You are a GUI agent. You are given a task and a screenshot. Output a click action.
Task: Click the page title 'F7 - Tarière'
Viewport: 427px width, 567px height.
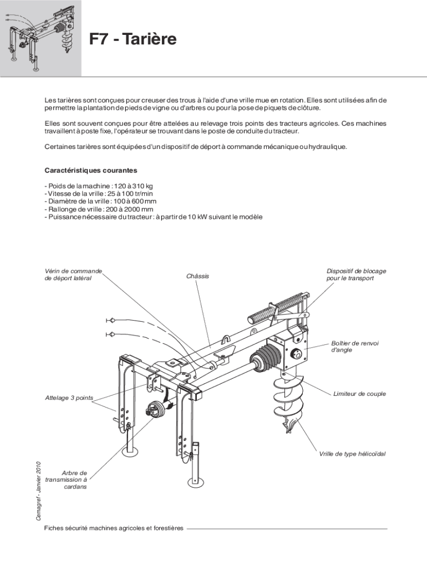[133, 40]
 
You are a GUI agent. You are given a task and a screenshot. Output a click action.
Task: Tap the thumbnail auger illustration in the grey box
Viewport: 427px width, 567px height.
[40, 38]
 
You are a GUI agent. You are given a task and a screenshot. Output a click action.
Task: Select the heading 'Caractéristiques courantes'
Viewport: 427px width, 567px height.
[91, 170]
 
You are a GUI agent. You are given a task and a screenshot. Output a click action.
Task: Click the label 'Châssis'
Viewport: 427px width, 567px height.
[198, 276]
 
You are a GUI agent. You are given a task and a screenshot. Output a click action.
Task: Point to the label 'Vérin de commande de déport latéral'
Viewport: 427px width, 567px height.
[73, 275]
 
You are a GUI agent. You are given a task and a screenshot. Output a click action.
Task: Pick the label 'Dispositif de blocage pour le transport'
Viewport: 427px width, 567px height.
[356, 275]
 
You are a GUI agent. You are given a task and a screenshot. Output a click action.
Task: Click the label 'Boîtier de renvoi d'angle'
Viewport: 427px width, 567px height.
[355, 347]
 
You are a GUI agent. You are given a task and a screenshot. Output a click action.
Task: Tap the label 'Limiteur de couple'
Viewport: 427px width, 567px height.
[359, 394]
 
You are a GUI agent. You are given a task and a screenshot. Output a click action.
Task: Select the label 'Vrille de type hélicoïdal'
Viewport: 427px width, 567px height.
[352, 454]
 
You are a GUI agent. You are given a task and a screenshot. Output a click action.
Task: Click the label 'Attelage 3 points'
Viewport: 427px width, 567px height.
[69, 398]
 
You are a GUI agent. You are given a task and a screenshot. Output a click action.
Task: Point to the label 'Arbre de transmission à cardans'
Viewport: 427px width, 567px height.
[67, 480]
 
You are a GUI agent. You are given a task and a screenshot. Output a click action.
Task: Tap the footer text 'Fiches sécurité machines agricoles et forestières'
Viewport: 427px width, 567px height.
[114, 528]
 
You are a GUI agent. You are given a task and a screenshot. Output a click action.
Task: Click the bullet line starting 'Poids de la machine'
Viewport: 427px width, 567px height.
[99, 186]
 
